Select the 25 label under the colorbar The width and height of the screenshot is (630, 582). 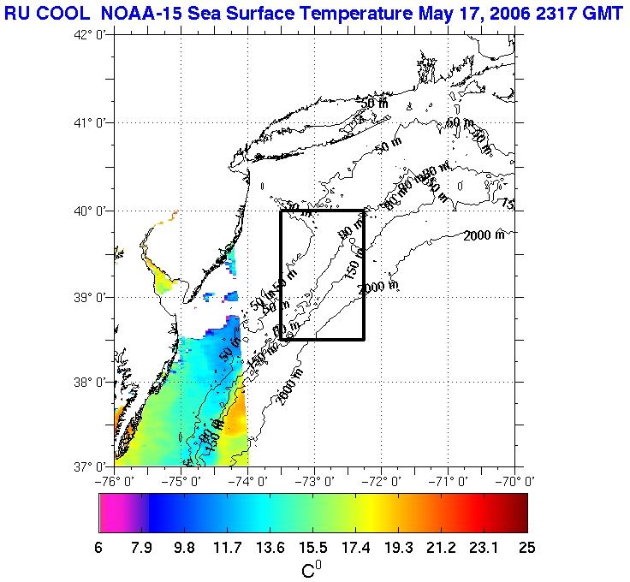click(526, 548)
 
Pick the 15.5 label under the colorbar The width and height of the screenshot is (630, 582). click(312, 548)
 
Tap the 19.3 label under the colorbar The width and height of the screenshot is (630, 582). click(398, 548)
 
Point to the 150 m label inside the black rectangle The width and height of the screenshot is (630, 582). click(352, 270)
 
